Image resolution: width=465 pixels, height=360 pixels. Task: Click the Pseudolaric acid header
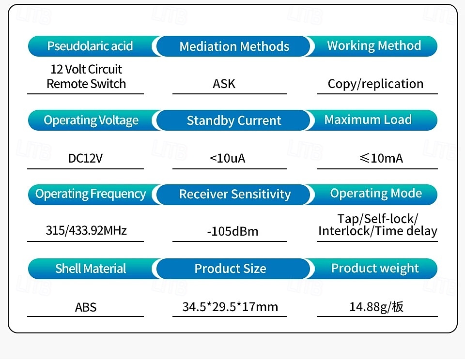(90, 46)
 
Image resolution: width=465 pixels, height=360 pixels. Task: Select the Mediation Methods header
(234, 46)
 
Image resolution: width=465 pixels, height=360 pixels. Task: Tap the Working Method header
(374, 45)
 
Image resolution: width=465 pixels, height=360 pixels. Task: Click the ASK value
(224, 84)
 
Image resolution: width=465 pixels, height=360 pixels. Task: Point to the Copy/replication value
(375, 84)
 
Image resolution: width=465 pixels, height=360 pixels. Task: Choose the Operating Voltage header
(91, 120)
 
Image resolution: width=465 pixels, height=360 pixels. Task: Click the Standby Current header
(234, 120)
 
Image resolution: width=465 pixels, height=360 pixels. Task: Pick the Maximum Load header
(368, 120)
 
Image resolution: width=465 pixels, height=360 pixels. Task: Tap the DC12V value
(85, 158)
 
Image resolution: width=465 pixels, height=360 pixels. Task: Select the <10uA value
(228, 158)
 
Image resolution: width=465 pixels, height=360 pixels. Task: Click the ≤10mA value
(381, 158)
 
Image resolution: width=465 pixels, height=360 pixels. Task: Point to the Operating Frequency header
(91, 194)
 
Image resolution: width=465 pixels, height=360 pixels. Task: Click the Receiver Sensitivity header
(235, 195)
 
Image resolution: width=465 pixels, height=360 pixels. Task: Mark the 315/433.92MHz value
(86, 230)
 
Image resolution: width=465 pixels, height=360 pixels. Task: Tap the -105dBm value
(232, 231)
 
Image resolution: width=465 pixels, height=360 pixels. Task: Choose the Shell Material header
(91, 269)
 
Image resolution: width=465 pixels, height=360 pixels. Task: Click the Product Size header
(230, 269)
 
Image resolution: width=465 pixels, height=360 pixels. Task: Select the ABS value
(86, 307)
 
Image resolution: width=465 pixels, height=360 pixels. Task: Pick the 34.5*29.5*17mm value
(230, 307)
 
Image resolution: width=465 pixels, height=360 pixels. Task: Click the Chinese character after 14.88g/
(397, 307)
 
